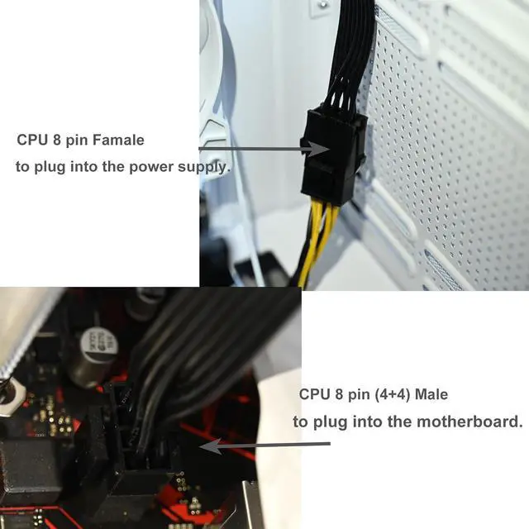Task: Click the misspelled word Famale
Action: (x=118, y=140)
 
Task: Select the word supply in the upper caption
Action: (x=203, y=167)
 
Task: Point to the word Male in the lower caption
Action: (x=431, y=394)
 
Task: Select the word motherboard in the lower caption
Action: (x=469, y=422)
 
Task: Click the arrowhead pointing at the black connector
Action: (x=318, y=149)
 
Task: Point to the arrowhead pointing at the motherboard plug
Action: (x=210, y=446)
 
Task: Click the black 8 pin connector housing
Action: (x=332, y=155)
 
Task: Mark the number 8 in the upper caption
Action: (x=57, y=140)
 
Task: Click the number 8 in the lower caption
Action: (x=339, y=394)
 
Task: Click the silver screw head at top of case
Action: (x=323, y=5)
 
